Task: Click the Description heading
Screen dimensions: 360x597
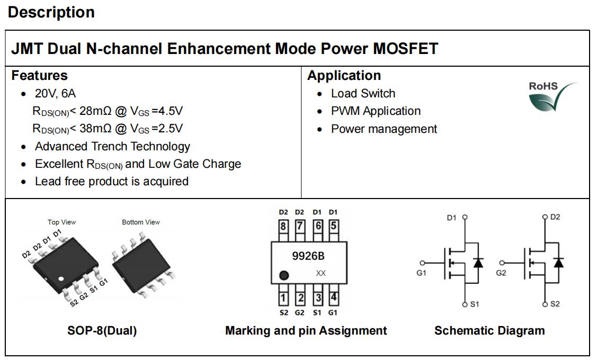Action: [x=51, y=12]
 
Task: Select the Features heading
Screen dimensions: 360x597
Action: [x=40, y=75]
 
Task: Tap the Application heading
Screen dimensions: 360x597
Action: [x=344, y=75]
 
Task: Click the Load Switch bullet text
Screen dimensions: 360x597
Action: [x=363, y=93]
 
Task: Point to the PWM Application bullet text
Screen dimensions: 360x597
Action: [x=376, y=111]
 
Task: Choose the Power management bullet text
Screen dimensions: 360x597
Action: [x=384, y=129]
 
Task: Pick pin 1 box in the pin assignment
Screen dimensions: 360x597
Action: [x=284, y=298]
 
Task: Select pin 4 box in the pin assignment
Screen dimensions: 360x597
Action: [x=333, y=298]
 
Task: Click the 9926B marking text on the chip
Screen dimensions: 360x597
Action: [x=308, y=256]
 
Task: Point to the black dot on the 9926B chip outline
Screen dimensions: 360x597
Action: [x=284, y=275]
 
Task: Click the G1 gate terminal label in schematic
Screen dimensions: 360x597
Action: [x=422, y=273]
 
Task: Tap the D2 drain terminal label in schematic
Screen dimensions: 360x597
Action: [x=555, y=217]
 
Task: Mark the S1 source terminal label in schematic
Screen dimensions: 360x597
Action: [x=474, y=304]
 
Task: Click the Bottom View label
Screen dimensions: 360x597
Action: [x=141, y=222]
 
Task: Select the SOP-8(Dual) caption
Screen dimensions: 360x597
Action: [x=102, y=330]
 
